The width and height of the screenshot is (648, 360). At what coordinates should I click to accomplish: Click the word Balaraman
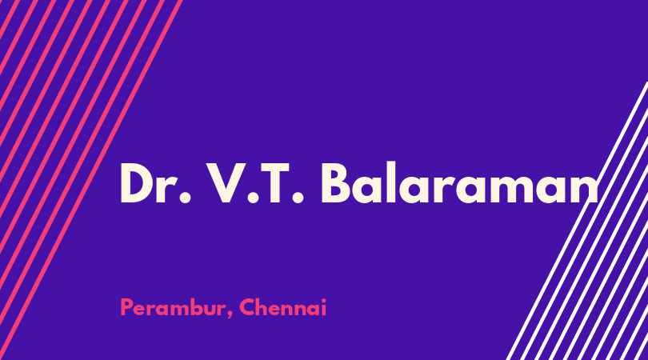[459, 183]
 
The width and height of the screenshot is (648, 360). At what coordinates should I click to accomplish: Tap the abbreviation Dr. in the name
[155, 183]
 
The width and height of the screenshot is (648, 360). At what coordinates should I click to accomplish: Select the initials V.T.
[255, 183]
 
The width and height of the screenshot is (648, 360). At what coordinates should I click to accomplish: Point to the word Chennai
[283, 307]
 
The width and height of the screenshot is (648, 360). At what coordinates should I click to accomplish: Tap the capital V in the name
[226, 183]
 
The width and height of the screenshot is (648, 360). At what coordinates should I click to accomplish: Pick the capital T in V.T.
[274, 183]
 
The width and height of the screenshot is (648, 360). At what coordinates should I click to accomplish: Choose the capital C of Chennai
[247, 307]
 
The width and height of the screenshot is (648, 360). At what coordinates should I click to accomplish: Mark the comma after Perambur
[230, 315]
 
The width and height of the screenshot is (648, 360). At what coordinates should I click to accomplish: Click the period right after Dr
[186, 199]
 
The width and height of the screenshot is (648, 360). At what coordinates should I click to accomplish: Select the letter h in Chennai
[265, 307]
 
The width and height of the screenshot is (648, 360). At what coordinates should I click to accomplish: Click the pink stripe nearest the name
[91, 180]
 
